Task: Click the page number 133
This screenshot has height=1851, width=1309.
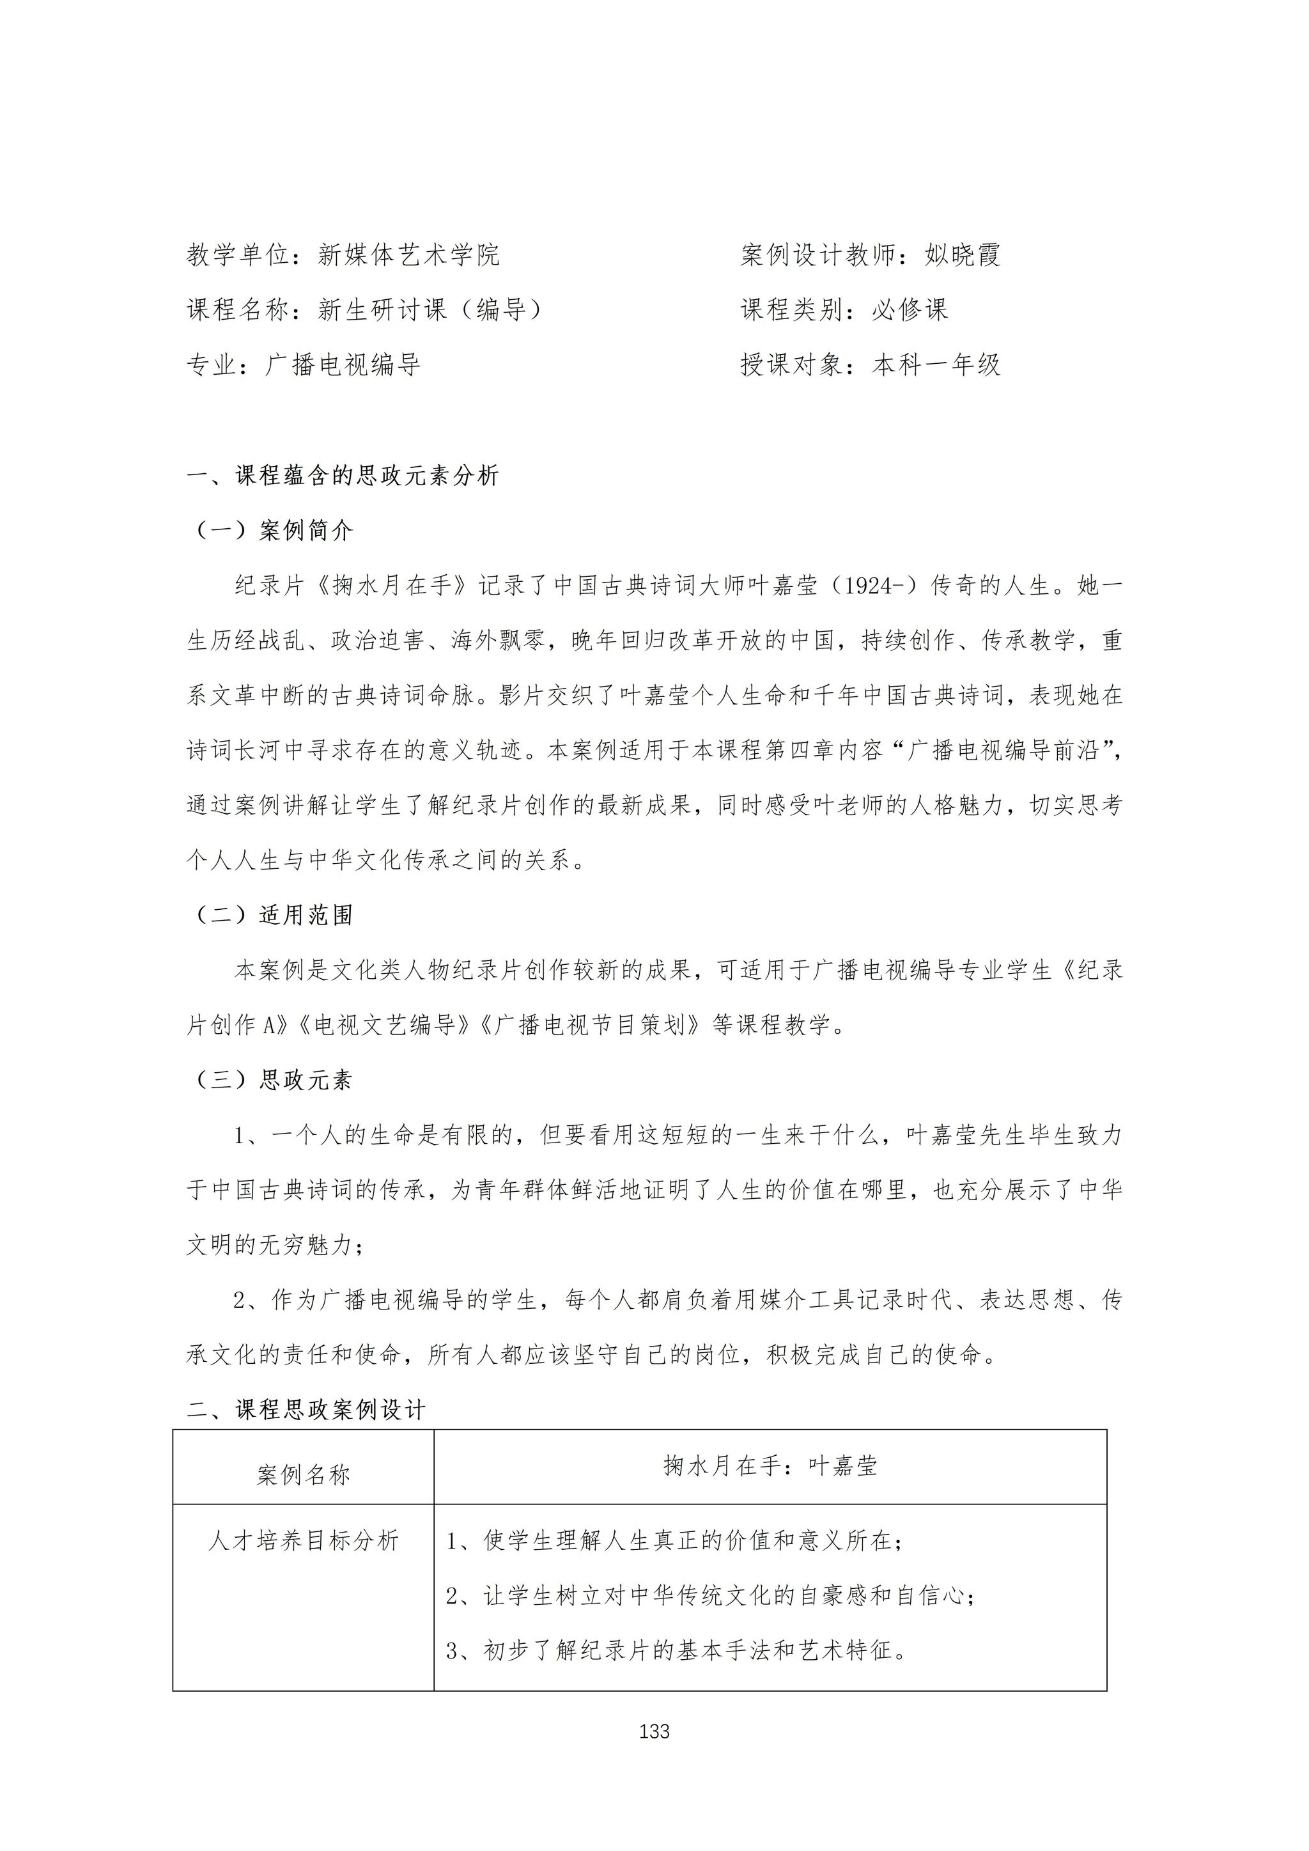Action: point(654,1731)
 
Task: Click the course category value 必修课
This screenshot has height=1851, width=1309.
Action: point(910,309)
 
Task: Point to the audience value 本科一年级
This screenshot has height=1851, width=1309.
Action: point(936,364)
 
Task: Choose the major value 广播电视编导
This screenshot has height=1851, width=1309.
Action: point(343,364)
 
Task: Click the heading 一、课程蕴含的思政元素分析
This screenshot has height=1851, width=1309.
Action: point(343,476)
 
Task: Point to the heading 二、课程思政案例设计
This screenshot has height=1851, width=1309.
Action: point(306,1410)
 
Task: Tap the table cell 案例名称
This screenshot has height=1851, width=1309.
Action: point(303,1475)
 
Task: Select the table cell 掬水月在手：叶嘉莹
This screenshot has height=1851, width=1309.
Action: point(770,1465)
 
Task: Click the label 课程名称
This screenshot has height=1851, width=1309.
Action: point(238,309)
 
